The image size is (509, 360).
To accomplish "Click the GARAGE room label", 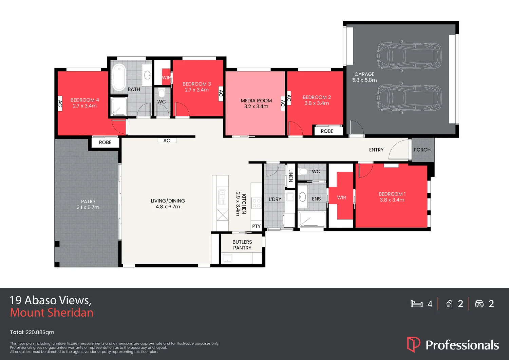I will pyautogui.click(x=364, y=74).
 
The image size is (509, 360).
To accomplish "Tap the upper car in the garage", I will pyautogui.click(x=409, y=56).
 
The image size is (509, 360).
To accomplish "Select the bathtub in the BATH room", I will pyautogui.click(x=119, y=77).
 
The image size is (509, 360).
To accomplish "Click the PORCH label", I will pyautogui.click(x=422, y=150).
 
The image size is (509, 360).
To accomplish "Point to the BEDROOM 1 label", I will pyautogui.click(x=392, y=194).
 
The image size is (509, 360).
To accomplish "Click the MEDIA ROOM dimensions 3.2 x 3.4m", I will pyautogui.click(x=256, y=107).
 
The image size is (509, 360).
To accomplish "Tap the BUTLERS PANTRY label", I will pyautogui.click(x=242, y=245).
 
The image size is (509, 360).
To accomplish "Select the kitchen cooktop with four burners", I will pyautogui.click(x=256, y=203).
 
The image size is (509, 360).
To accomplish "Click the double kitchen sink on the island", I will pyautogui.click(x=222, y=197).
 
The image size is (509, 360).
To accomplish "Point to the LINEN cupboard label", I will pyautogui.click(x=290, y=175).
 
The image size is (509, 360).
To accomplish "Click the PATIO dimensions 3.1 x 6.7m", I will pyautogui.click(x=88, y=207).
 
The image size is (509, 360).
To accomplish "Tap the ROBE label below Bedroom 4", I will pyautogui.click(x=105, y=143).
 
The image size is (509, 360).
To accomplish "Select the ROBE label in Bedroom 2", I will pyautogui.click(x=327, y=131).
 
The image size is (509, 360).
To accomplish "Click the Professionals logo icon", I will pyautogui.click(x=414, y=344).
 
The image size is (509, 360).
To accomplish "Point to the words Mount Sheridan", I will pyautogui.click(x=52, y=312).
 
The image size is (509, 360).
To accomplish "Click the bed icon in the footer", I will pyautogui.click(x=416, y=304).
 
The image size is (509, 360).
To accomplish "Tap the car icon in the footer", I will pyautogui.click(x=479, y=304).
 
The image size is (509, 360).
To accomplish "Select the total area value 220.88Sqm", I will pyautogui.click(x=40, y=332).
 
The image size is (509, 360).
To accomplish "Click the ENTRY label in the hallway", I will pyautogui.click(x=376, y=150).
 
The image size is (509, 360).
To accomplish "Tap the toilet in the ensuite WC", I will pyautogui.click(x=303, y=171).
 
